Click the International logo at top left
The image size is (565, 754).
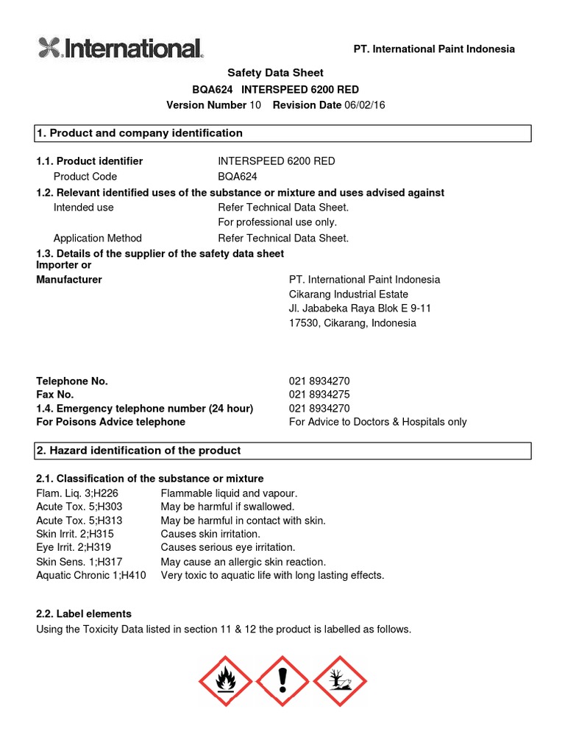(x=120, y=49)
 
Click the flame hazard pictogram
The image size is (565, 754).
(x=224, y=682)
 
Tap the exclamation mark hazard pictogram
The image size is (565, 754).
(x=282, y=682)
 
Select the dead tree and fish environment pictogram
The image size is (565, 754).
(x=340, y=682)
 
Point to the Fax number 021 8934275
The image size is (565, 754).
(x=319, y=395)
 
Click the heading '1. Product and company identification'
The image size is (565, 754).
(x=140, y=133)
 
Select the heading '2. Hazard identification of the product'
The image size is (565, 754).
(x=138, y=451)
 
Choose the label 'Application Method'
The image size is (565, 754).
(x=98, y=238)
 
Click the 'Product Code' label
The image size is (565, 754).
(x=85, y=177)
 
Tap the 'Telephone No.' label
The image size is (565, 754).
(x=72, y=381)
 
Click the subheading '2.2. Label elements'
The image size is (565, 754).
(x=84, y=613)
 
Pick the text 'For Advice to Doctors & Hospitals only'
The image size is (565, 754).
(x=377, y=422)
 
